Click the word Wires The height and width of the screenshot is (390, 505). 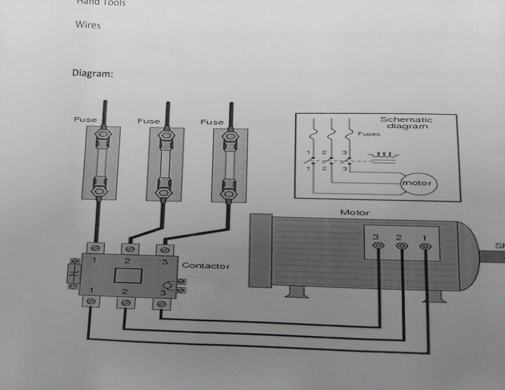88,25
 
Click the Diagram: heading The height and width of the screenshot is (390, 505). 93,73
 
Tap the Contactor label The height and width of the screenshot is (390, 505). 206,266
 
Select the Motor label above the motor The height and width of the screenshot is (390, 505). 354,213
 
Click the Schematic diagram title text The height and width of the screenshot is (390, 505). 407,123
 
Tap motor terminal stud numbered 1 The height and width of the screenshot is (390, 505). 425,247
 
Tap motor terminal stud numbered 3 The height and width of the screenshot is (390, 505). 378,246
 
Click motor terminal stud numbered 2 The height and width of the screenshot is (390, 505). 401,246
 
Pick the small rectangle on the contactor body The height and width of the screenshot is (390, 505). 128,276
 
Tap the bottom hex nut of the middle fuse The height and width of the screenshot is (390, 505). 164,192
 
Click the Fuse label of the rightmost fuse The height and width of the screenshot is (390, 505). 212,122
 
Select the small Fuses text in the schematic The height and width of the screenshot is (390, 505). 369,134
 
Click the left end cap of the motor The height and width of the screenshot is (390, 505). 261,250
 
